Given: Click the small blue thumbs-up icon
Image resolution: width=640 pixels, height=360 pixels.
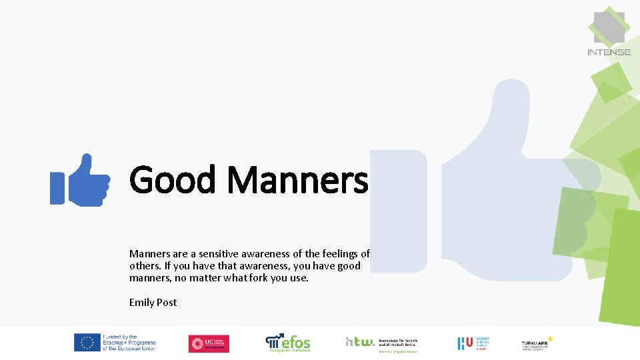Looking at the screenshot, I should (80, 181).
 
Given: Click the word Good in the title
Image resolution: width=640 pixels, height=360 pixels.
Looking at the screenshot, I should (173, 180).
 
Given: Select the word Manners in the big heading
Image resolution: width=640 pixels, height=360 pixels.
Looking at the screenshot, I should (297, 180).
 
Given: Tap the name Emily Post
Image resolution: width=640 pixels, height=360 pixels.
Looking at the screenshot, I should (153, 302).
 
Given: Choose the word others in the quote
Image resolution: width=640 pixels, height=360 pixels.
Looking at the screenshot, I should (145, 265).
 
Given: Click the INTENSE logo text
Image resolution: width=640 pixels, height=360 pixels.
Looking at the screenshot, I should (609, 52).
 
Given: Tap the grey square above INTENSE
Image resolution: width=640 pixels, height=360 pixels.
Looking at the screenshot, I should (609, 27).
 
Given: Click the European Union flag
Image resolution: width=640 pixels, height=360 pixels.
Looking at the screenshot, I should (87, 343).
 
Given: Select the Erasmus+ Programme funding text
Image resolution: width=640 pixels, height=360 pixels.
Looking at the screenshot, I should (129, 343).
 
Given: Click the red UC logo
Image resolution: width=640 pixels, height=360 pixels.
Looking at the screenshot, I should (209, 343).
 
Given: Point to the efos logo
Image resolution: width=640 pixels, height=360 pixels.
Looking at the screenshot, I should (288, 343).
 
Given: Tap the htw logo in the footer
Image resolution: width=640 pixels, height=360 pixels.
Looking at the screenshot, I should (360, 341).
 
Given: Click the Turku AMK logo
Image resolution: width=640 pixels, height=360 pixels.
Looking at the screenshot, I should (537, 343).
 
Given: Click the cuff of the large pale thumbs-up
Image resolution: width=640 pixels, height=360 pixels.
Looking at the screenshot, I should (398, 211).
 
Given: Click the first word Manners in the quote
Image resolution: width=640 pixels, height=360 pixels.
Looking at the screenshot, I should (151, 253).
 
